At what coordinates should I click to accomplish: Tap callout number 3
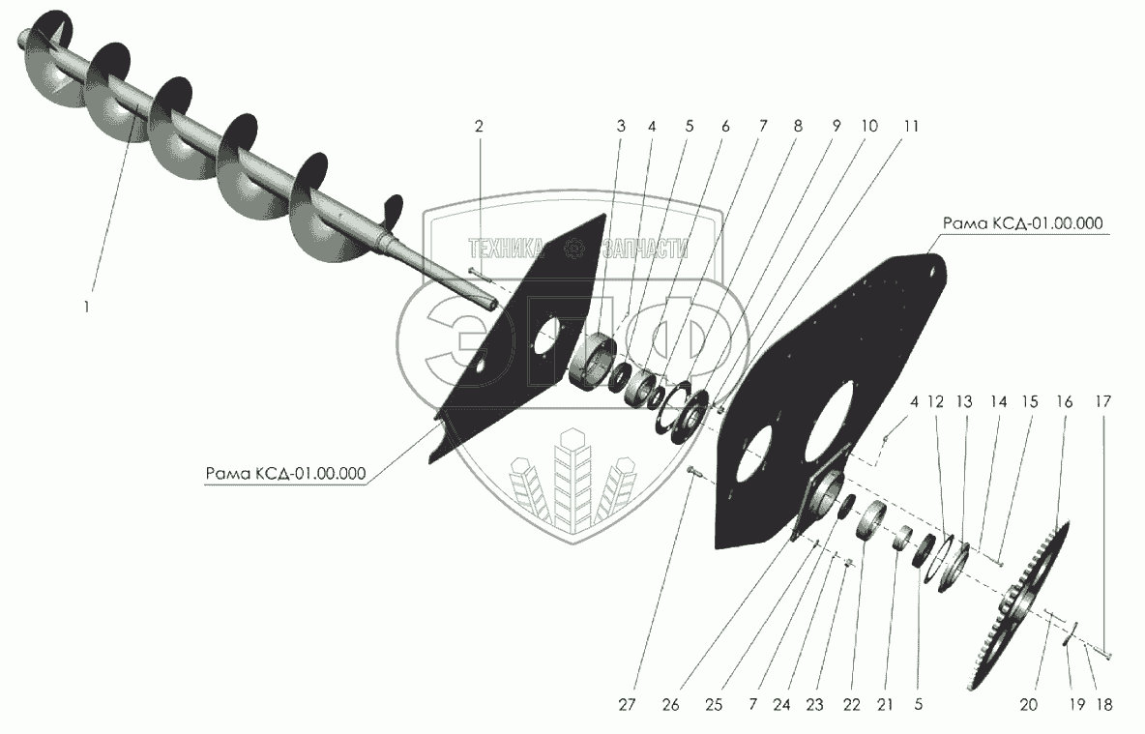pyautogui.click(x=621, y=127)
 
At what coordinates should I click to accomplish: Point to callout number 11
pyautogui.click(x=912, y=127)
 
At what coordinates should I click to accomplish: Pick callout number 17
pyautogui.click(x=1104, y=400)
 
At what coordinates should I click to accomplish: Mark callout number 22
pyautogui.click(x=851, y=706)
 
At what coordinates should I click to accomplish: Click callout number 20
pyautogui.click(x=1028, y=706)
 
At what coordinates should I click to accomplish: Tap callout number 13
pyautogui.click(x=963, y=400)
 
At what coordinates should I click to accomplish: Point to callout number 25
pyautogui.click(x=714, y=706)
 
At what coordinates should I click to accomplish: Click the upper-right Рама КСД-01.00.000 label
pyautogui.click(x=1022, y=223)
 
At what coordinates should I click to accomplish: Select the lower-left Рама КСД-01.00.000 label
pyautogui.click(x=285, y=474)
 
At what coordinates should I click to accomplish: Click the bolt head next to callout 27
pyautogui.click(x=690, y=470)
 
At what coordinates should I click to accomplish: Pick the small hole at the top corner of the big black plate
pyautogui.click(x=932, y=272)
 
